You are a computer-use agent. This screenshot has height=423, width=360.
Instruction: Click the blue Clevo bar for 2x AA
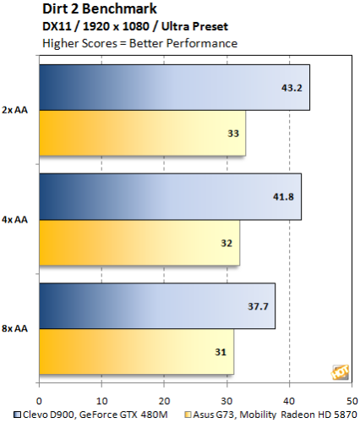[175, 87]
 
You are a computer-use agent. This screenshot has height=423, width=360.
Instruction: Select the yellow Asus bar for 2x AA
[143, 133]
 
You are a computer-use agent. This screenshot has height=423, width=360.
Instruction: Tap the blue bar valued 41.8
[171, 196]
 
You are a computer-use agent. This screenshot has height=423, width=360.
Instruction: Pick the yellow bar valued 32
[139, 243]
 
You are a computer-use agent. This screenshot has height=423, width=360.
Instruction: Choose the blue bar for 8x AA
[157, 306]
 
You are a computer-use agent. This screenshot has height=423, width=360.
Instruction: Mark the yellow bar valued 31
[137, 352]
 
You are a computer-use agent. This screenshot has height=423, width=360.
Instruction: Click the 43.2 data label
[292, 88]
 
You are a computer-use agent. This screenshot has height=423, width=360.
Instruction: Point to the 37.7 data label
[258, 306]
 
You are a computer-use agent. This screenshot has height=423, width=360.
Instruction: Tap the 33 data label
[233, 134]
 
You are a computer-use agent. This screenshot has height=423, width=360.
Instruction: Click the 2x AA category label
[14, 110]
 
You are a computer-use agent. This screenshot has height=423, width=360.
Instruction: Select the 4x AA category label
[14, 219]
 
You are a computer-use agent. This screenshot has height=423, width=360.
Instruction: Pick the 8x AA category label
[14, 328]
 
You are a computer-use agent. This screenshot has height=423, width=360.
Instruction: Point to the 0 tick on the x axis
[39, 401]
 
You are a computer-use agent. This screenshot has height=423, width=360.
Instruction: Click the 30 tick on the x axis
[226, 401]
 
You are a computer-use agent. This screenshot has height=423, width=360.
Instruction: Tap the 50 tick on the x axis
[352, 401]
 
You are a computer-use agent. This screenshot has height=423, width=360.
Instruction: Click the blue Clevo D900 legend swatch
[18, 415]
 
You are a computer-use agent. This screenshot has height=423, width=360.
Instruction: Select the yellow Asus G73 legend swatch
[188, 415]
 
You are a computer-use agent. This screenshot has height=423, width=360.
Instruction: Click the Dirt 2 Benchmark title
[100, 8]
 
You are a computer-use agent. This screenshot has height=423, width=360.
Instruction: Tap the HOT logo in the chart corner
[341, 372]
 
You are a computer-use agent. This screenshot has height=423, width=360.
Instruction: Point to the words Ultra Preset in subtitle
[194, 26]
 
